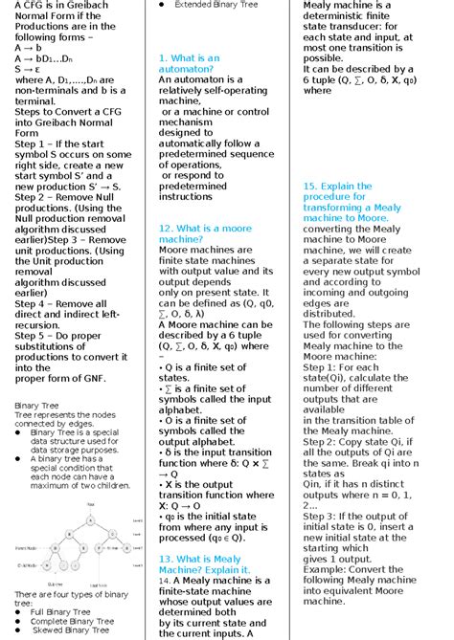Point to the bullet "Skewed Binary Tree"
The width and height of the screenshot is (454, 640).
tap(70, 630)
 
